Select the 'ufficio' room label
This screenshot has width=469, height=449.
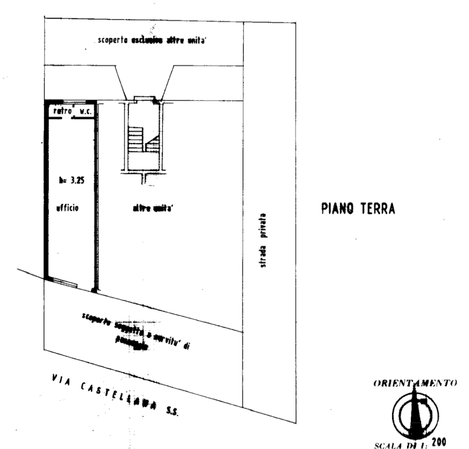68,207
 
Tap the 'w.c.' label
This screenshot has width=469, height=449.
85,112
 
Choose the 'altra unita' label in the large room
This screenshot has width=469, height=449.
150,209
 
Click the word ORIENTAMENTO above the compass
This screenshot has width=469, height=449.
416,384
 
